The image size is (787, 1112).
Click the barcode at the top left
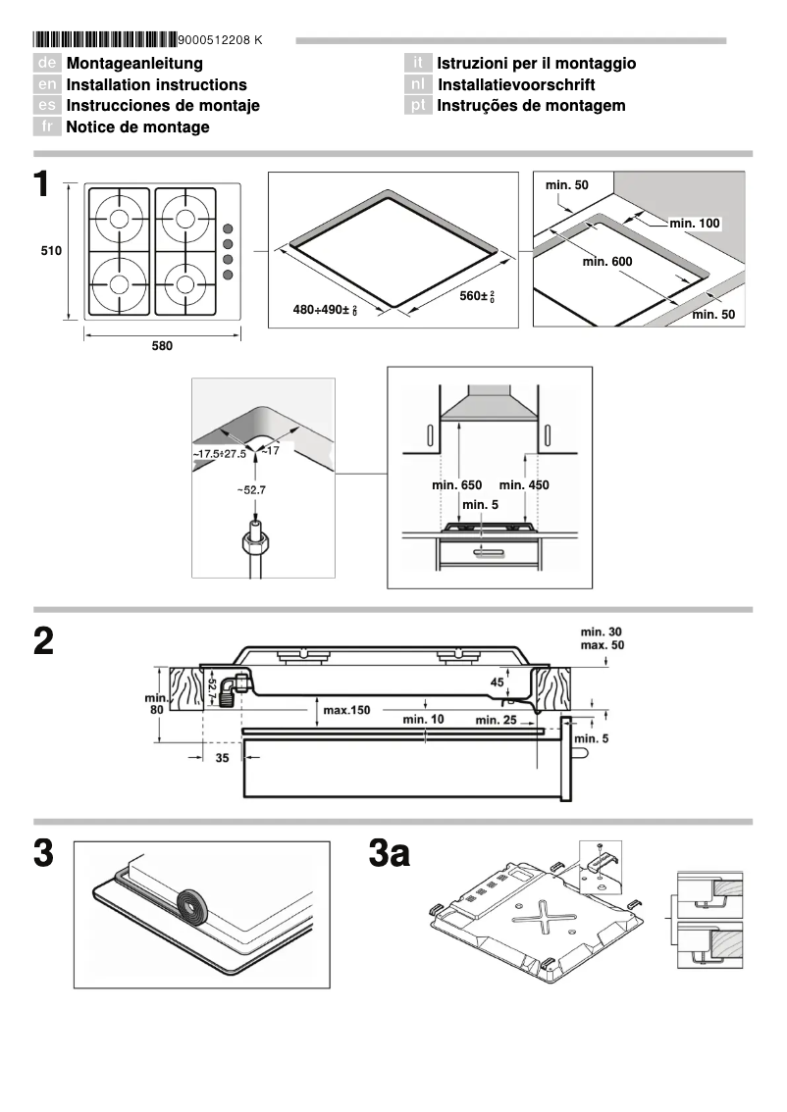tap(105, 40)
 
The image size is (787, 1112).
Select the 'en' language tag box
tap(47, 84)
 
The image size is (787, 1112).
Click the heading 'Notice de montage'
tap(137, 126)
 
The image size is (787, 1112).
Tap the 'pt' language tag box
tap(419, 105)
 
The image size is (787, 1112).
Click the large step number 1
tap(41, 185)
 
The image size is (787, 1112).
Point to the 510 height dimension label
tap(51, 251)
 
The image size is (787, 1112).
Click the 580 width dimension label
tap(162, 345)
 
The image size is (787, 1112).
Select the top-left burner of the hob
tap(119, 219)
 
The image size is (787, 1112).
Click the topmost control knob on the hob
tap(228, 223)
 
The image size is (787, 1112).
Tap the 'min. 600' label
tap(607, 262)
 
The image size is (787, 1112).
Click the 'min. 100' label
tap(695, 224)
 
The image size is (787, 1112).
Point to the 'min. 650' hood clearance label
tap(456, 485)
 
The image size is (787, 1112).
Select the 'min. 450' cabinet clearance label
tap(524, 485)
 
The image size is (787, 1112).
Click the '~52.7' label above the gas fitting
tap(255, 488)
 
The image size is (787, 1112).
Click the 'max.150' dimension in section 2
tap(346, 710)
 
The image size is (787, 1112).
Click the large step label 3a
tap(390, 853)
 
